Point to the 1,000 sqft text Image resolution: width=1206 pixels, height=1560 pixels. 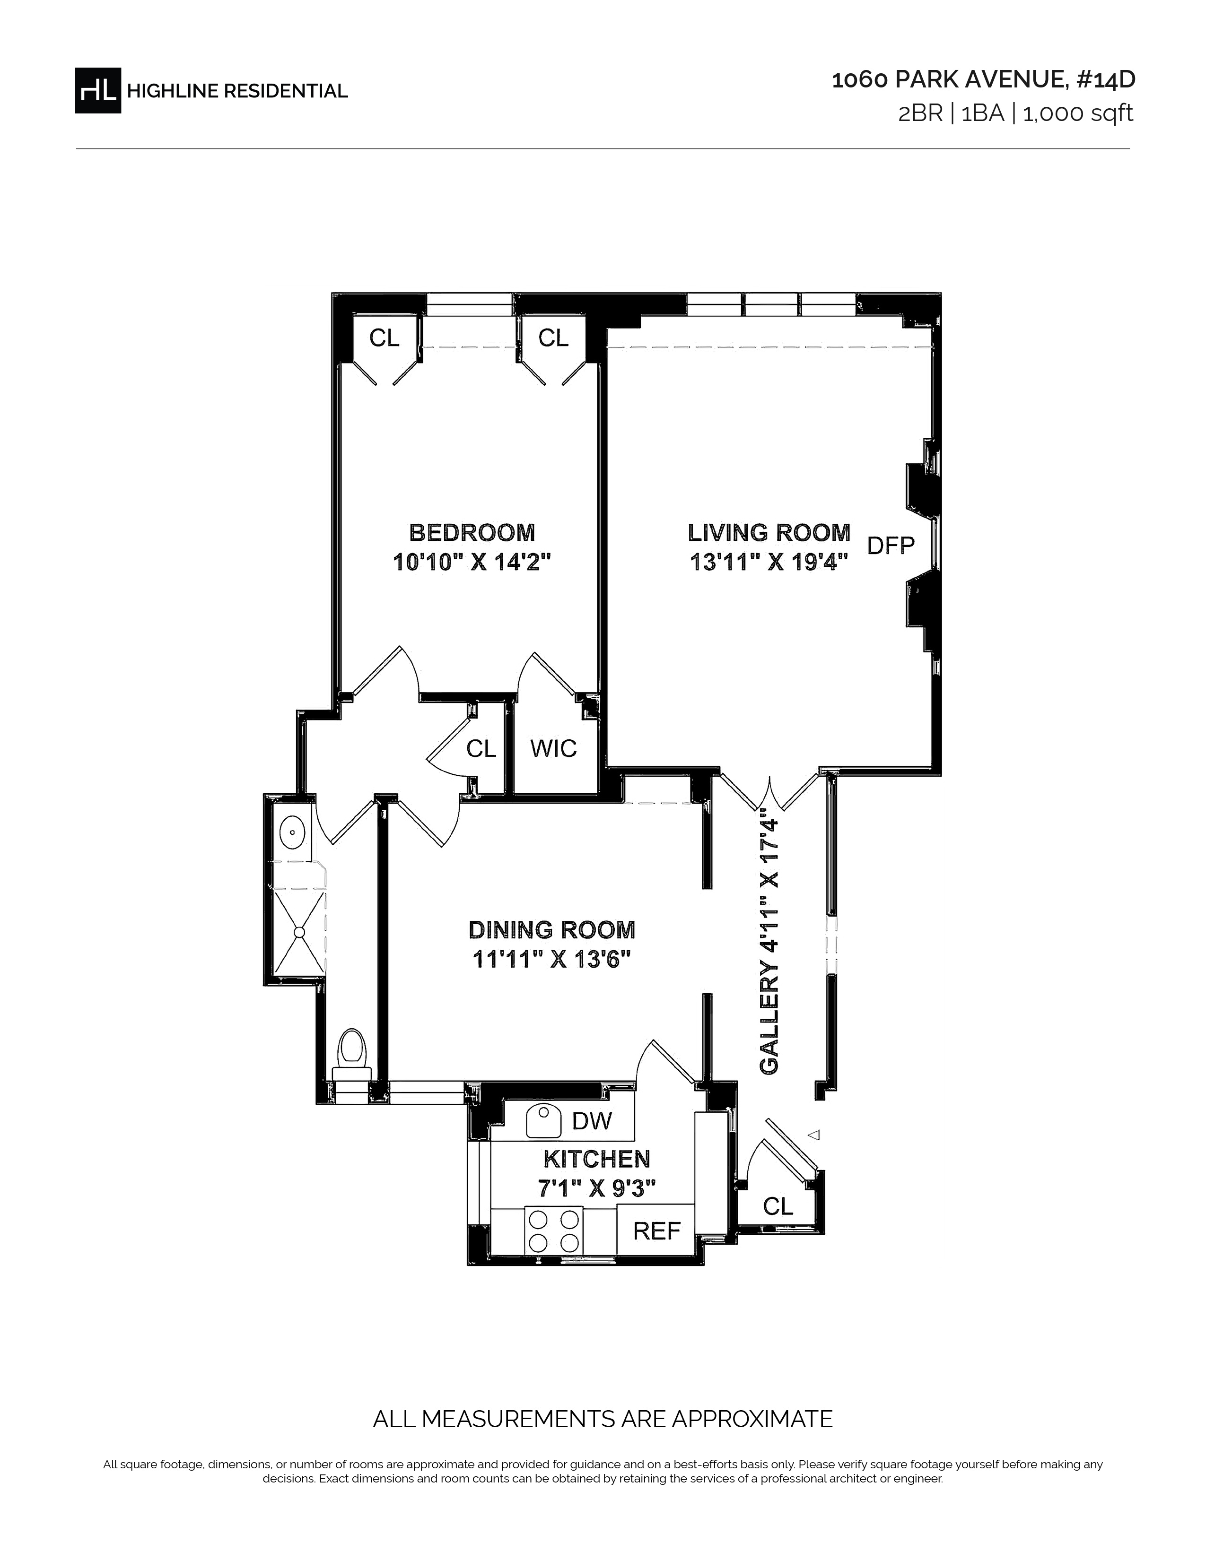tap(1078, 113)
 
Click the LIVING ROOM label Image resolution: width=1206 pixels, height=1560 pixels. tap(769, 532)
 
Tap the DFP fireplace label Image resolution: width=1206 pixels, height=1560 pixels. tap(890, 546)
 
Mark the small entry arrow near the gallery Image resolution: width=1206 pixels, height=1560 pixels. tap(813, 1134)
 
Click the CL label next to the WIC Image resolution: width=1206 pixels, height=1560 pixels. tap(481, 749)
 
